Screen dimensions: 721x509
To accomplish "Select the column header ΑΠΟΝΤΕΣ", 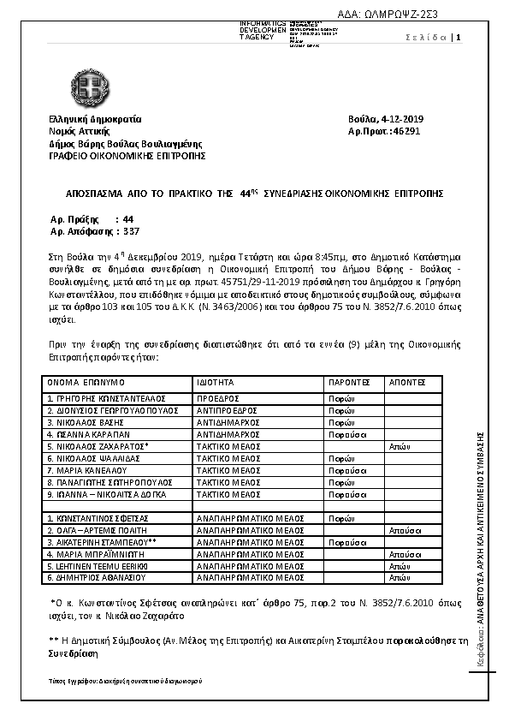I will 407,383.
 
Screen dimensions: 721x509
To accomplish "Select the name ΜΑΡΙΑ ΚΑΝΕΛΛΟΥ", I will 88,470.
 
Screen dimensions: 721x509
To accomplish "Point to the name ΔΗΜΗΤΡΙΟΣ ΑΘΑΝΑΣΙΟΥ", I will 94,578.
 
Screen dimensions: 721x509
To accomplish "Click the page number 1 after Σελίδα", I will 459,37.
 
